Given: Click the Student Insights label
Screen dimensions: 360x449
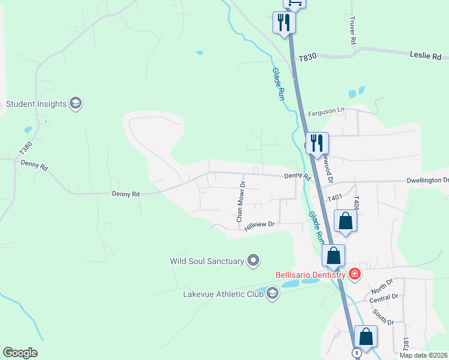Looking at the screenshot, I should pyautogui.click(x=36, y=104).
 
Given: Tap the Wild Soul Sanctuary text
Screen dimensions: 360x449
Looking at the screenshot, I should pyautogui.click(x=207, y=261).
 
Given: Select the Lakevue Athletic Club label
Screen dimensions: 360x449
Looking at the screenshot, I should pyautogui.click(x=223, y=294).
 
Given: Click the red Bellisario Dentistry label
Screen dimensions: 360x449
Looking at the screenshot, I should pyautogui.click(x=310, y=275).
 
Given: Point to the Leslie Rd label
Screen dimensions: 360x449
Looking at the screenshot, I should pyautogui.click(x=426, y=55).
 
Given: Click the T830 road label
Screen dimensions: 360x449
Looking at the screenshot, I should pyautogui.click(x=307, y=55).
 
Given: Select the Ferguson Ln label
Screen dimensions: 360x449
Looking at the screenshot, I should pyautogui.click(x=327, y=112).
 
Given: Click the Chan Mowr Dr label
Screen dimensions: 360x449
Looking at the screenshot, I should pyautogui.click(x=241, y=202).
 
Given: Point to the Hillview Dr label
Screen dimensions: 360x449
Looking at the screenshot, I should pyautogui.click(x=259, y=224).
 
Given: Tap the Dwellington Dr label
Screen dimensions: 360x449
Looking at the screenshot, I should pyautogui.click(x=427, y=180).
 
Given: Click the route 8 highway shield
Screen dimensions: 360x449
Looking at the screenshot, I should pyautogui.click(x=357, y=353).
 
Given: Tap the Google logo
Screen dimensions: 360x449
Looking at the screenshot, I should pyautogui.click(x=20, y=353).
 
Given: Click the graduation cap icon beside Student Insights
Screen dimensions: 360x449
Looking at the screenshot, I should pyautogui.click(x=76, y=104).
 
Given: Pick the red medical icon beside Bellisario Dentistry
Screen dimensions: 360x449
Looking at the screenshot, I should pyautogui.click(x=355, y=274).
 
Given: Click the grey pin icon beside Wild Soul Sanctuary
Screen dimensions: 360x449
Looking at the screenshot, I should pyautogui.click(x=253, y=260).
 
